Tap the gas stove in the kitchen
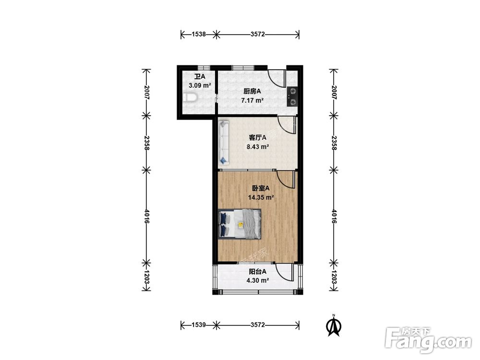click(292, 97)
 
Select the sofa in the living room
click(224, 142)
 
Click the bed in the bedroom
click(240, 224)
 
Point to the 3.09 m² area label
click(200, 85)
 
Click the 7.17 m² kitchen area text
click(252, 100)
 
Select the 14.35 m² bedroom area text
click(261, 197)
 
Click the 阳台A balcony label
click(257, 271)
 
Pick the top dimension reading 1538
click(199, 34)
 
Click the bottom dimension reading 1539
click(199, 325)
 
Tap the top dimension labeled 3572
click(257, 34)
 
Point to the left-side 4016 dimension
click(146, 216)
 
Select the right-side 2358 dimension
click(334, 143)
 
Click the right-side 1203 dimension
click(334, 277)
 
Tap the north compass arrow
click(334, 326)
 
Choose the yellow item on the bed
click(240, 225)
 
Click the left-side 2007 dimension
click(146, 93)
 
